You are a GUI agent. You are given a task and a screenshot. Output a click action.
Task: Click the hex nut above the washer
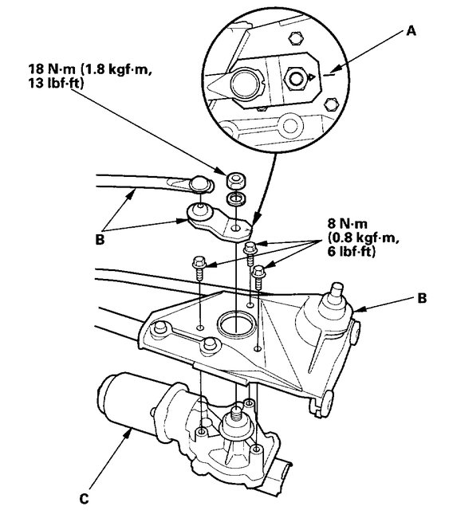(236, 179)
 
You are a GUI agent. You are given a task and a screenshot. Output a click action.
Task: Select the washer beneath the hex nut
(236, 197)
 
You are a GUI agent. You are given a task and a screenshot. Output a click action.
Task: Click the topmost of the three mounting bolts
(250, 249)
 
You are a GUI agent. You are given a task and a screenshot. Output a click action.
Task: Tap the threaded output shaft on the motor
(236, 414)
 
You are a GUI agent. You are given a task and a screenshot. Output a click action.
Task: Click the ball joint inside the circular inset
(242, 83)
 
